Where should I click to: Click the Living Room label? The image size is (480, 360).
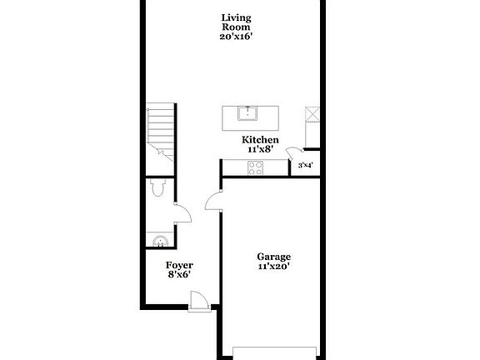coord(236,22)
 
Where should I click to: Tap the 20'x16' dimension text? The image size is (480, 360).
coord(236,37)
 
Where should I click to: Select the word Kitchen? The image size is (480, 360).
coord(260,140)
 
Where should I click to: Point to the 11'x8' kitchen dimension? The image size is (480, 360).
coord(260,149)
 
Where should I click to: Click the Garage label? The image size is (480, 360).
coord(273,257)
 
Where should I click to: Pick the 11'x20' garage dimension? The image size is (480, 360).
coord(273,267)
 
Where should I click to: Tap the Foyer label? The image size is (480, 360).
coord(179,265)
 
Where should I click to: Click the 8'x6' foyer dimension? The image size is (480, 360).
coord(179,275)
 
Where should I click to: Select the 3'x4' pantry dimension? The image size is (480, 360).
coord(306,166)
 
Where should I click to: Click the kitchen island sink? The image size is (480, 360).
coord(247,113)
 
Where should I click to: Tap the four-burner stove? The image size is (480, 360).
coord(255,167)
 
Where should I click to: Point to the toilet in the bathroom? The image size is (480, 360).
coord(158,187)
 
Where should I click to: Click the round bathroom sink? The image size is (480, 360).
coord(160,241)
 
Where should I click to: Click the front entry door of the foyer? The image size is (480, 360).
coord(199,301)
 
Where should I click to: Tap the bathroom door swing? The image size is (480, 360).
coord(183,212)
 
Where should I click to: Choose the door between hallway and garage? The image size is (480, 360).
coord(213,201)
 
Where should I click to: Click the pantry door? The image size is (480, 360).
coord(295,153)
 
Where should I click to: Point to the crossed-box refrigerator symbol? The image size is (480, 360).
coord(312,114)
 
